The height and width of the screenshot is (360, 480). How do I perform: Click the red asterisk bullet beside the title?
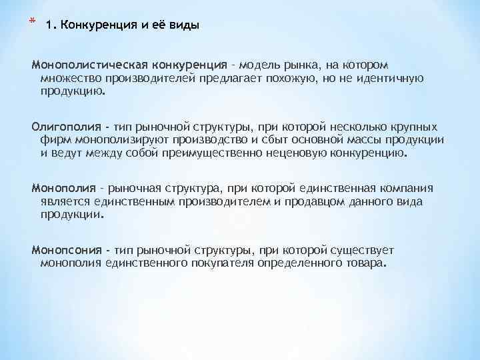(x=32, y=23)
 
